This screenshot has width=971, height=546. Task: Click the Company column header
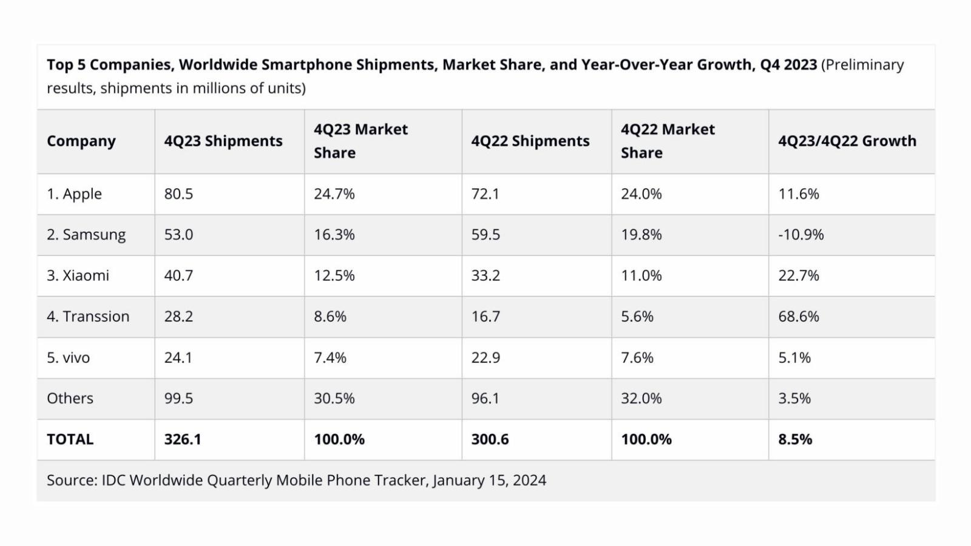click(x=81, y=141)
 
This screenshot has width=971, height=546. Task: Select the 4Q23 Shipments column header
click(x=223, y=141)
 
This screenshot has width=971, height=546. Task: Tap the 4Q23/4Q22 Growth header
click(x=847, y=141)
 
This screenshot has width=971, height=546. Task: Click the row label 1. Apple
click(x=74, y=194)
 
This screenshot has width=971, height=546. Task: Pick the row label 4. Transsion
click(x=88, y=317)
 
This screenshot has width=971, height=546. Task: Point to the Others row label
click(x=70, y=399)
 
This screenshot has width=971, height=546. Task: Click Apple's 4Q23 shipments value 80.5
click(x=178, y=194)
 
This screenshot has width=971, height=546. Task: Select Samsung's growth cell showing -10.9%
click(x=800, y=235)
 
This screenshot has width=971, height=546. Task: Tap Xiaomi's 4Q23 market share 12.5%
click(x=334, y=275)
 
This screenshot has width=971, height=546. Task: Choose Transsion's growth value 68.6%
click(x=798, y=317)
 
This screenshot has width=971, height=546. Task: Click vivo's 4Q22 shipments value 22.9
click(x=486, y=358)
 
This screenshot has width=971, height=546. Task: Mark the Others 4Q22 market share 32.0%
click(x=641, y=399)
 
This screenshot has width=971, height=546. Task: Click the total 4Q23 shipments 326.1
click(x=182, y=439)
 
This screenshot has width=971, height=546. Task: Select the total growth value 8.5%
click(x=794, y=439)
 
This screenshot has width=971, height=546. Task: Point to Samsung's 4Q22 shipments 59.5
click(x=486, y=235)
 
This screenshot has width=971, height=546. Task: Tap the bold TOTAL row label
click(x=70, y=439)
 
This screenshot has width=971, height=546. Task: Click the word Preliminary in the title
click(x=865, y=65)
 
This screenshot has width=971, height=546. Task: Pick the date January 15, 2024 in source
click(x=489, y=480)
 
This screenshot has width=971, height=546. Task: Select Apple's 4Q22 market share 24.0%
click(x=641, y=194)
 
